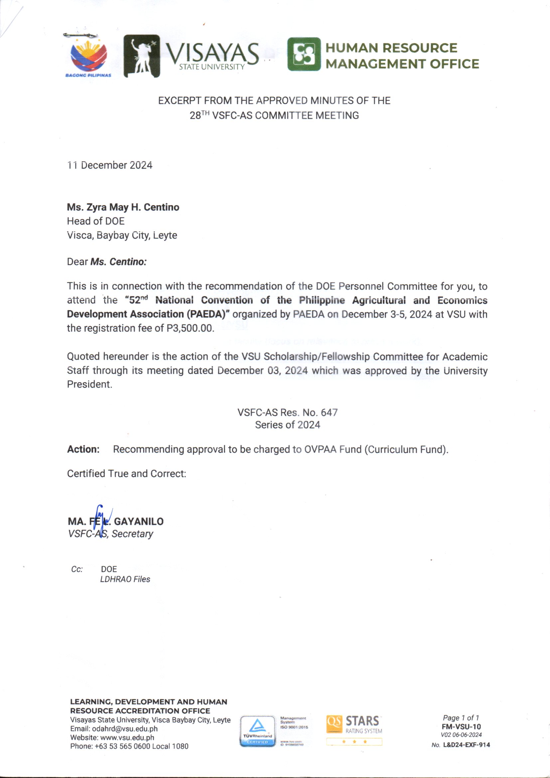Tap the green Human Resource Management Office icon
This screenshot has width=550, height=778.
pyautogui.click(x=304, y=54)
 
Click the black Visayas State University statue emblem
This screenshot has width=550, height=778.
pyautogui.click(x=141, y=56)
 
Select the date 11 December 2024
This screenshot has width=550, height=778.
pyautogui.click(x=110, y=165)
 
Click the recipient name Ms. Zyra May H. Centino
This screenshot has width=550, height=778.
pyautogui.click(x=123, y=207)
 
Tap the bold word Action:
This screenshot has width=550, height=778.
pyautogui.click(x=83, y=449)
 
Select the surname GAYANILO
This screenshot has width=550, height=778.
pyautogui.click(x=139, y=521)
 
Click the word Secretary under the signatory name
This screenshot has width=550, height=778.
pyautogui.click(x=132, y=534)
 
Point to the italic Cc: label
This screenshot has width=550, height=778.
pyautogui.click(x=77, y=569)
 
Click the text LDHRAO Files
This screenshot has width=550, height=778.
pyautogui.click(x=125, y=579)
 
